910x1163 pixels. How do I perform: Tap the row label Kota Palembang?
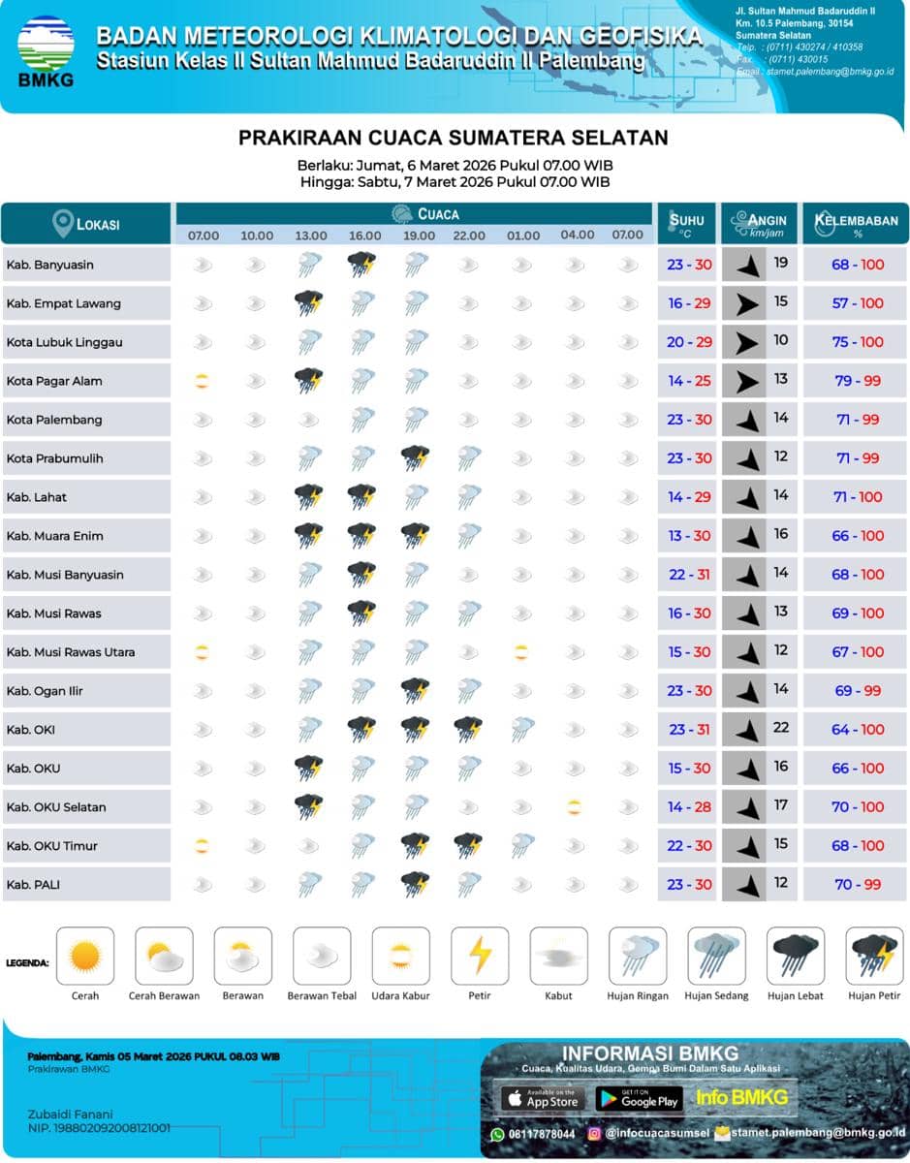point(54,420)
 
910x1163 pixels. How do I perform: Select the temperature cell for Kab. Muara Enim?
point(689,536)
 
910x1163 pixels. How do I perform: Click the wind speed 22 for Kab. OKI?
point(780,728)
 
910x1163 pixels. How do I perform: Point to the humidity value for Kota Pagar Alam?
point(857,381)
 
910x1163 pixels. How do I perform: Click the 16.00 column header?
point(364,236)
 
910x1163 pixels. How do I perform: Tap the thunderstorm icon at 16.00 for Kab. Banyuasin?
point(361,264)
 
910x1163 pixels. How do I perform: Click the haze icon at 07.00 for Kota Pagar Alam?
point(201,381)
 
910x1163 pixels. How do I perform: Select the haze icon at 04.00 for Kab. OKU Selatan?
point(575,806)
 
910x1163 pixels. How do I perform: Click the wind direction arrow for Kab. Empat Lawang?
point(745,303)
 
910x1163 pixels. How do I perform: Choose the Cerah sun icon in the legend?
point(85,957)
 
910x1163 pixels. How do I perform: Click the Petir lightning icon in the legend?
point(480,957)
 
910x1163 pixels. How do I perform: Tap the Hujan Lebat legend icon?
point(796,957)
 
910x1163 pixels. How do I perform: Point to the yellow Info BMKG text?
point(741,1098)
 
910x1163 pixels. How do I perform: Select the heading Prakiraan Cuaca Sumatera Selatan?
point(454,138)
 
